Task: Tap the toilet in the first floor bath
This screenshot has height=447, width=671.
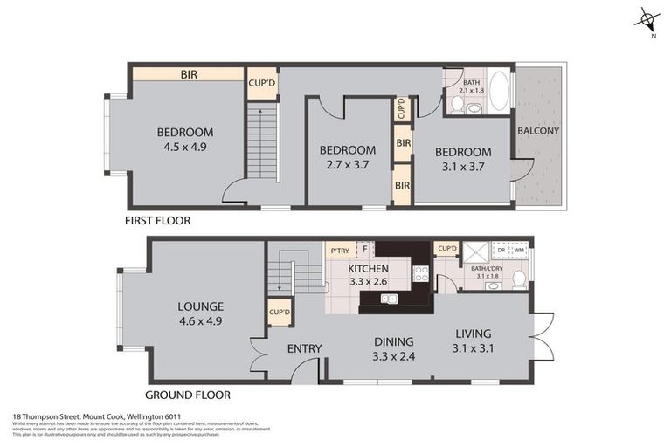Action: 457,104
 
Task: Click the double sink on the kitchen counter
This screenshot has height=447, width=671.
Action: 390,299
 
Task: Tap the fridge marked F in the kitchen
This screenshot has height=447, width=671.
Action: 365,250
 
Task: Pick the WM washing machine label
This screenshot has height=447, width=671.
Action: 519,250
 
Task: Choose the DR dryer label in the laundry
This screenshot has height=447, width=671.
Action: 501,250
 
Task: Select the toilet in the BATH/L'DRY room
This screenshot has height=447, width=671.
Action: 518,279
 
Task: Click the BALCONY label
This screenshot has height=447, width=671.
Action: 538,131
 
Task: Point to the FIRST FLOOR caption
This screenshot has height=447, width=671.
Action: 158,221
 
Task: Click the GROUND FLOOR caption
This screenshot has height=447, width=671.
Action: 189,395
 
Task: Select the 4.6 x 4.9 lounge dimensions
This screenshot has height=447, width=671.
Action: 201,320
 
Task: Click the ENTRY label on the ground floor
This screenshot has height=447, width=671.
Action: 304,348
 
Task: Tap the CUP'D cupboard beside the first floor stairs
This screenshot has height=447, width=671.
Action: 261,83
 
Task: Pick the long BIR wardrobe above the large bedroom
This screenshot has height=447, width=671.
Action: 188,74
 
